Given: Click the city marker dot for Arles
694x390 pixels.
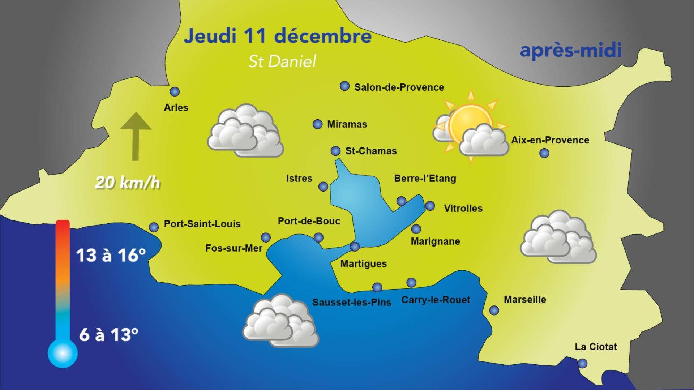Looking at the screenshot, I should coord(175,92).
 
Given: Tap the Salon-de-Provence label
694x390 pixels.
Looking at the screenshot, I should coord(399,87).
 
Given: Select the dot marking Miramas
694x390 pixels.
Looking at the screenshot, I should coord(317,124).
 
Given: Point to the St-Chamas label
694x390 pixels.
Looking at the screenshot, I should coord(371,151).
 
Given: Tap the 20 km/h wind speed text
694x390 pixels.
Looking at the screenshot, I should coord(127,183).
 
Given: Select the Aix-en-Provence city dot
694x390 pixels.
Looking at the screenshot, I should coord(544,153).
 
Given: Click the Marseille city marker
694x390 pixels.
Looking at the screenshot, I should coord(494,310).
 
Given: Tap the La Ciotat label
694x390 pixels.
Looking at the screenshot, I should coord(596,347).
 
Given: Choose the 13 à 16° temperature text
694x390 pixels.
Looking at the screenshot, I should coord(111,255).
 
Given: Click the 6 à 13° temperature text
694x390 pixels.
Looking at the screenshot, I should coord(108,335).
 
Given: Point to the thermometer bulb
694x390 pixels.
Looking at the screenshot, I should coord(63,353).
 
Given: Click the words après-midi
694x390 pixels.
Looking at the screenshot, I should coord(570,51).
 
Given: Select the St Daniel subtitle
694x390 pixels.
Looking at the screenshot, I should coord(282,61).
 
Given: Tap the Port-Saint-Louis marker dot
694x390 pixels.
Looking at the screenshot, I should coord(154,227).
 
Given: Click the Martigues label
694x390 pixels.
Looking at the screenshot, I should coord(363,264).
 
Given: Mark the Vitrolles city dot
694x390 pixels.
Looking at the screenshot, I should coord(430,206).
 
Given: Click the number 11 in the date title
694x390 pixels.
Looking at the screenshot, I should coord(256,36).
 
